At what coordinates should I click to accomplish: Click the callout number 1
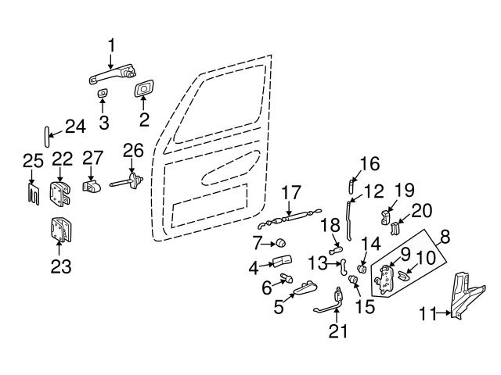[110, 45]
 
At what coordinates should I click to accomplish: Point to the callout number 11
[426, 314]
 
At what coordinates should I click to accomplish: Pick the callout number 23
[60, 266]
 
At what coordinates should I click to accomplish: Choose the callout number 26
[133, 149]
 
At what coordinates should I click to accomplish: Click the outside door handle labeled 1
[109, 77]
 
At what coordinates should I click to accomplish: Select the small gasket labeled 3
[103, 94]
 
